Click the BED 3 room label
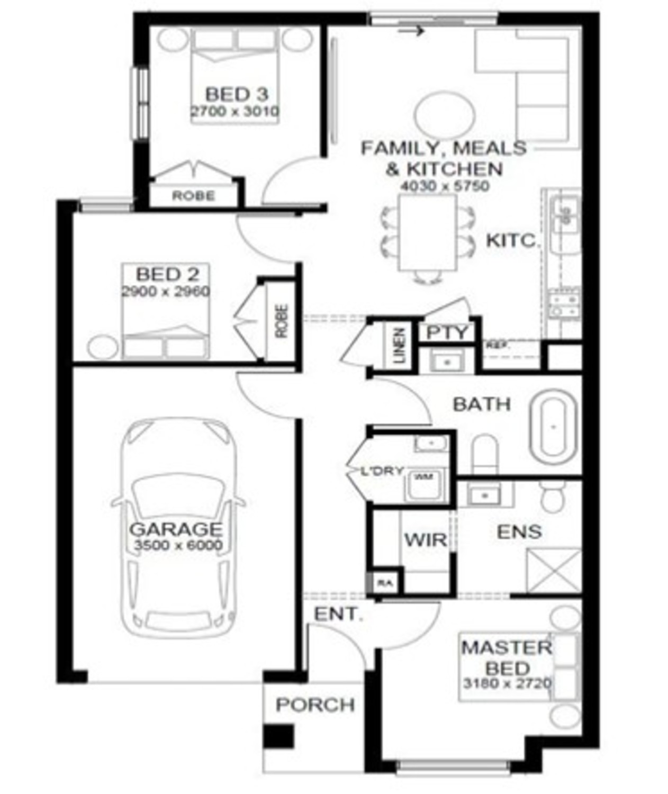click(x=236, y=94)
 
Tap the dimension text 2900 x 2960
click(x=166, y=291)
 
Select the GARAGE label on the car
click(x=176, y=529)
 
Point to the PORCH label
click(x=315, y=705)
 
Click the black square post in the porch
click(x=278, y=736)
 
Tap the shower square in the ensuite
click(x=554, y=570)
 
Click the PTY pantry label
click(x=447, y=332)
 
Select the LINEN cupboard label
click(x=400, y=346)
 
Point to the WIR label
click(x=425, y=540)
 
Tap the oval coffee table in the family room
click(x=444, y=115)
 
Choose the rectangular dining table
click(x=427, y=232)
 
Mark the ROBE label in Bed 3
click(x=193, y=196)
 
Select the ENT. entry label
click(x=338, y=615)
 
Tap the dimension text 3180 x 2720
click(x=507, y=683)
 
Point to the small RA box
click(x=385, y=583)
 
